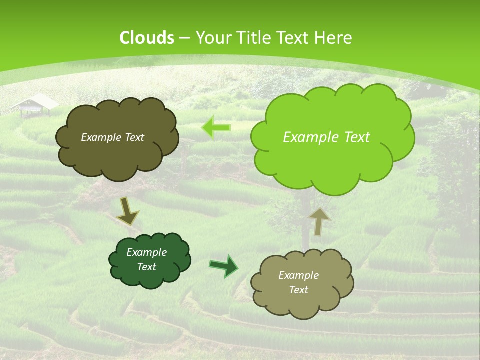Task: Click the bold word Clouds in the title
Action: [x=146, y=38]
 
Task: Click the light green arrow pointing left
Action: [x=216, y=128]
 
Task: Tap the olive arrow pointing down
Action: [x=127, y=211]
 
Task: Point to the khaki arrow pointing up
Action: [x=320, y=221]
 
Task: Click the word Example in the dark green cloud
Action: [x=146, y=252]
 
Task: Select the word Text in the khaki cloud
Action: [x=298, y=290]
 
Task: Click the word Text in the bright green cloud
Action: [x=357, y=137]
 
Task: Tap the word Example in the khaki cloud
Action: [x=298, y=275]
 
